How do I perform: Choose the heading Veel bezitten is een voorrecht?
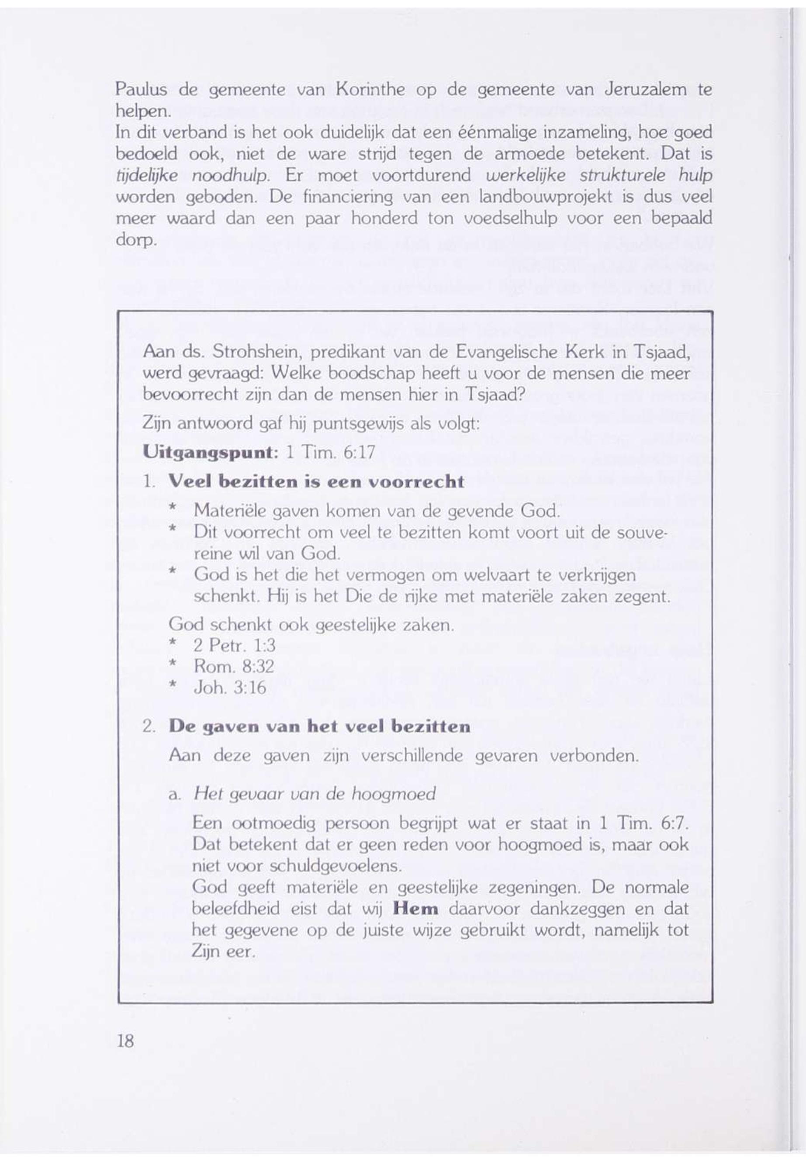pos(316,482)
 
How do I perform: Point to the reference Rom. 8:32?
pos(234,667)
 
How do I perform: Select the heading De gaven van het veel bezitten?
pos(319,727)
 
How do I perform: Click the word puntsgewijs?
pos(357,424)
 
